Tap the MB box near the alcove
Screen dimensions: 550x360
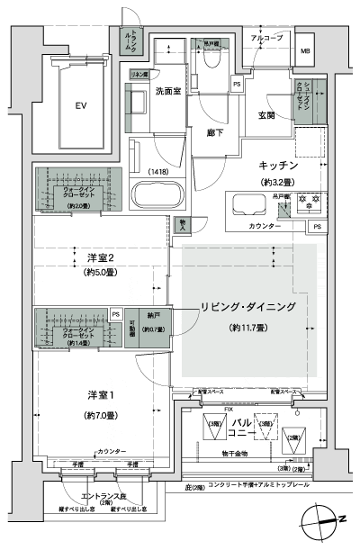[x=306, y=50]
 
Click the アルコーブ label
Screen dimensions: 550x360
[x=266, y=40]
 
